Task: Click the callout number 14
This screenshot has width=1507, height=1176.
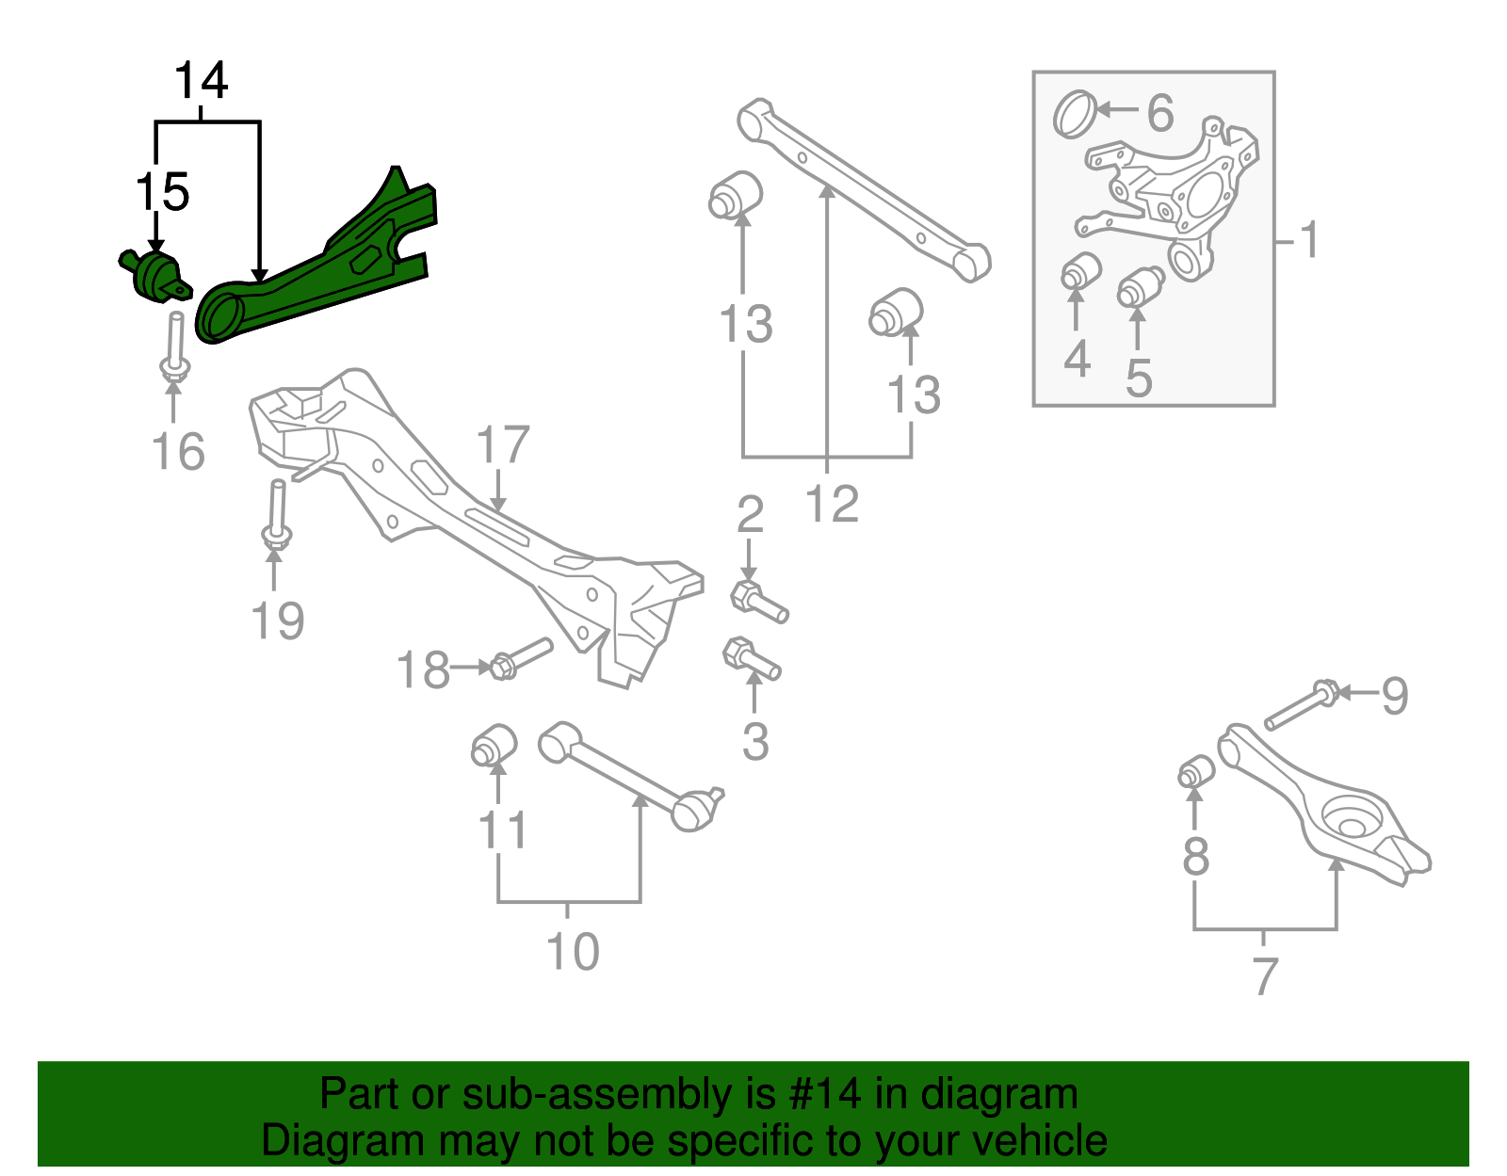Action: point(202,81)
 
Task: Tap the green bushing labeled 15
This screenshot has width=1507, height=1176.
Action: point(153,274)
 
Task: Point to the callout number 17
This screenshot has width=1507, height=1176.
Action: point(503,444)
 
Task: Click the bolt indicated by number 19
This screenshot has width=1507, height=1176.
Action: point(276,513)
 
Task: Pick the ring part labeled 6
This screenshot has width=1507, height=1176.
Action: point(1075,113)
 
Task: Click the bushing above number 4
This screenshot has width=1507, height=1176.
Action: point(1081,271)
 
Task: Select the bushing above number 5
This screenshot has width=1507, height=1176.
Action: point(1140,286)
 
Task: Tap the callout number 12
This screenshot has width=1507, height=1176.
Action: point(833,504)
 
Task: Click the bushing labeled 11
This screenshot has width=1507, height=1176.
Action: point(494,747)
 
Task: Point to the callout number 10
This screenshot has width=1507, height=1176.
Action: point(573,952)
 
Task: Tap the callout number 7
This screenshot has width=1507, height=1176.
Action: point(1265,975)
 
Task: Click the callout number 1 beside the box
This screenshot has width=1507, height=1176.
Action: point(1310,240)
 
